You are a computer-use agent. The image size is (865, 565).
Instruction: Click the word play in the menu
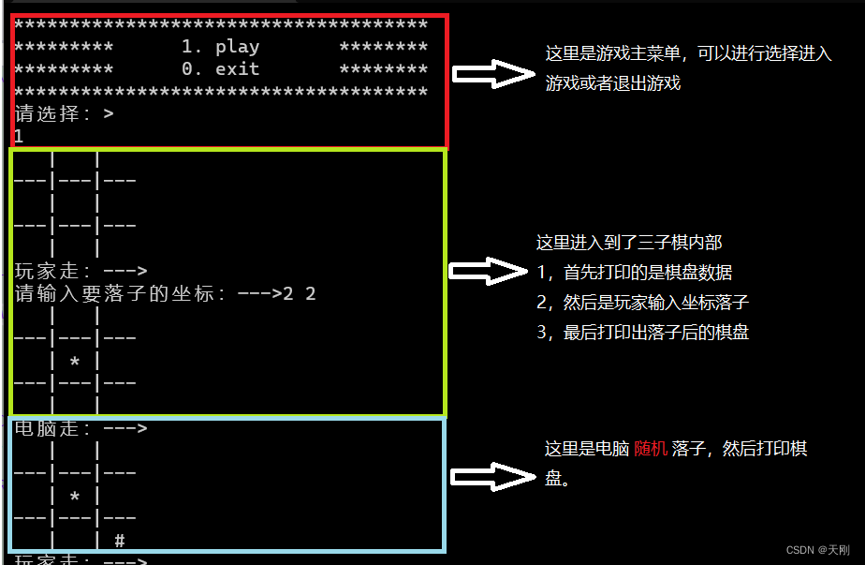pos(237,47)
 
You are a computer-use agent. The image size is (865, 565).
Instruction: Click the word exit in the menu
pos(237,69)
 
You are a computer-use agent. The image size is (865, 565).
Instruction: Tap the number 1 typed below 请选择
pos(19,136)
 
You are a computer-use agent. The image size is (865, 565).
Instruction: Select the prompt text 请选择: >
pos(64,114)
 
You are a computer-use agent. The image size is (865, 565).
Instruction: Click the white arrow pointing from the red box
pos(492,74)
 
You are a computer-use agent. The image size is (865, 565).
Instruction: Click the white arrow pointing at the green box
pos(489,272)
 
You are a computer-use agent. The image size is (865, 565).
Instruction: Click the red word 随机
pos(651,449)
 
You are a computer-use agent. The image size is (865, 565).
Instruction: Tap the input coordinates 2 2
pos(300,294)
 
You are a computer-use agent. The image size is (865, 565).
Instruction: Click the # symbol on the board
pos(119,541)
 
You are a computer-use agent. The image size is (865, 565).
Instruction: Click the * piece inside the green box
pos(75,361)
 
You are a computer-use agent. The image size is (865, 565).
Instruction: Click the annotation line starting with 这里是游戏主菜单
pos(688,53)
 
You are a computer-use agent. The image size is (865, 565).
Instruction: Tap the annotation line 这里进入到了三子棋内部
pos(628,243)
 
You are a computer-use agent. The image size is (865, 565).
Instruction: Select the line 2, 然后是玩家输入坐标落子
pos(642,303)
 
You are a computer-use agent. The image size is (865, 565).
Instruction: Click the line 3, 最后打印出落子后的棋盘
pos(642,332)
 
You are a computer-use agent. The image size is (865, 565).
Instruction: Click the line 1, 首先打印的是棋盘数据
pos(634,273)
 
